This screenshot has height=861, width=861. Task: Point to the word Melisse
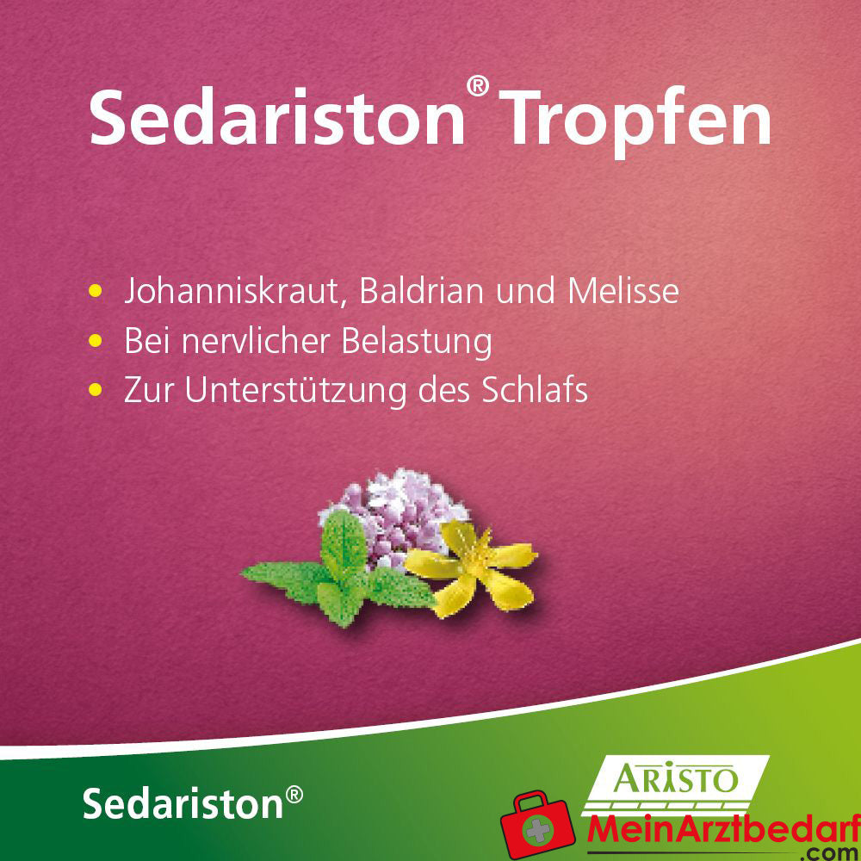(x=623, y=291)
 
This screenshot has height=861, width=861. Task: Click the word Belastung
(x=417, y=342)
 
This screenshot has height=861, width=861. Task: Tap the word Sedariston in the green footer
(x=183, y=802)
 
